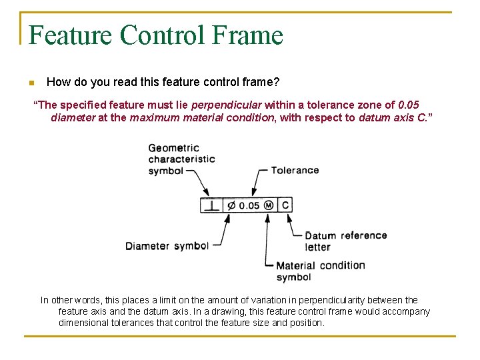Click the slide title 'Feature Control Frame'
point(156,35)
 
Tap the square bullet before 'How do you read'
point(31,83)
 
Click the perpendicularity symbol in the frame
point(211,205)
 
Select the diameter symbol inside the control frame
point(231,205)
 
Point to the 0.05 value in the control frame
point(249,205)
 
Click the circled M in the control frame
point(268,205)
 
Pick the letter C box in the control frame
point(285,205)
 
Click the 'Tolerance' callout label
point(295,170)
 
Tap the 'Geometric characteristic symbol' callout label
point(181,159)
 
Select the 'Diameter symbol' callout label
point(167,246)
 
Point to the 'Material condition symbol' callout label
point(320,271)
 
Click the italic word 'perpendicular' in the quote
point(227,105)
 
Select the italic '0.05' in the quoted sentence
point(408,105)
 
